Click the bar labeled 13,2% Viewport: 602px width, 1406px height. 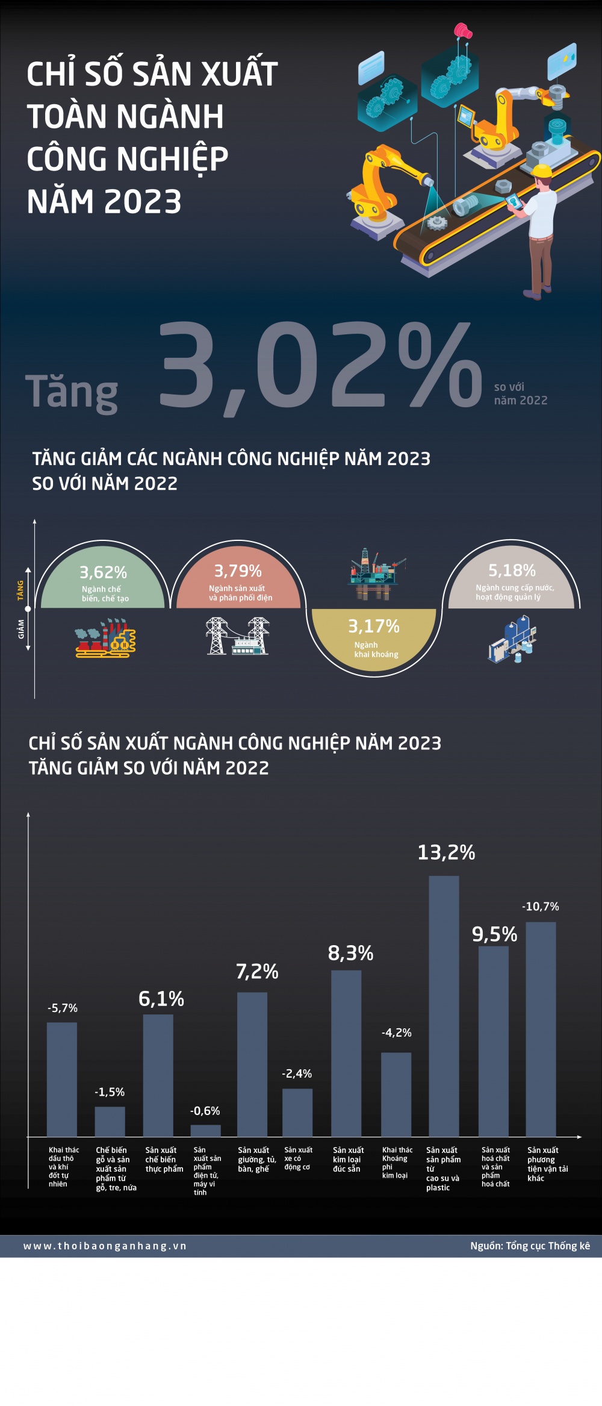coord(444,1005)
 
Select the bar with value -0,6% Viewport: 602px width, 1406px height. coord(205,1130)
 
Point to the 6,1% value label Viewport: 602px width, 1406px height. coord(161,999)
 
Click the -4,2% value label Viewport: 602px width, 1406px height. coord(397,1033)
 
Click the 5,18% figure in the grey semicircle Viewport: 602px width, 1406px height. coord(512,570)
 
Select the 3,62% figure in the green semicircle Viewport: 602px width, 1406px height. coord(104,572)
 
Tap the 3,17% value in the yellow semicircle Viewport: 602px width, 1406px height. coord(374,626)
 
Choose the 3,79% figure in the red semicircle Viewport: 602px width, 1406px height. coord(238,570)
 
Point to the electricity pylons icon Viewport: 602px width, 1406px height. coord(238,636)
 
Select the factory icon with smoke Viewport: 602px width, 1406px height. coord(105,638)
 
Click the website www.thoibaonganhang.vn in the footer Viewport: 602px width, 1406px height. coord(105,1246)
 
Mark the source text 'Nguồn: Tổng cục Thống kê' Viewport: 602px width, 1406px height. coord(530,1246)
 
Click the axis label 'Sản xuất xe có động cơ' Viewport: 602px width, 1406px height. coord(298,1158)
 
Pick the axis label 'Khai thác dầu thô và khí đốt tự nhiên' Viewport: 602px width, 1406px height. coord(63,1167)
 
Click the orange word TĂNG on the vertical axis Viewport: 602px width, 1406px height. coord(20,590)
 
